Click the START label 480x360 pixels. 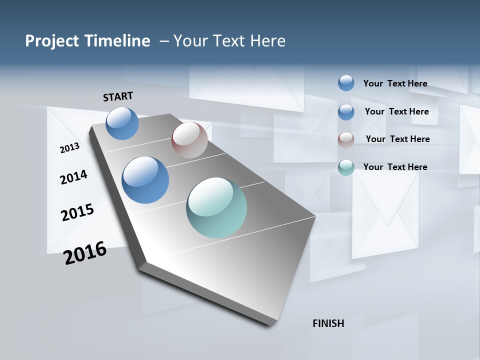click(118, 96)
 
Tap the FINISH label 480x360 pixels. click(328, 323)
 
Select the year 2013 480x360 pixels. click(69, 148)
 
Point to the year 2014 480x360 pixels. click(73, 177)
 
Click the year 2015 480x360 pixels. click(77, 212)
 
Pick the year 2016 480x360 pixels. click(85, 253)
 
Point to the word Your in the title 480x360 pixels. click(190, 41)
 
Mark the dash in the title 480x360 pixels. click(164, 41)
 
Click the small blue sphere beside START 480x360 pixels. click(122, 123)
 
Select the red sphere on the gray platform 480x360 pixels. click(189, 140)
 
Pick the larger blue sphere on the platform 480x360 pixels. click(145, 180)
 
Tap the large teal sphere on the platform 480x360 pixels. click(216, 207)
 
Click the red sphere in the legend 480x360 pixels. click(346, 140)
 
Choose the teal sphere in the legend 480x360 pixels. click(346, 167)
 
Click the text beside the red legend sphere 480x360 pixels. click(397, 139)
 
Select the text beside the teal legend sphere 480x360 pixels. click(395, 167)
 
